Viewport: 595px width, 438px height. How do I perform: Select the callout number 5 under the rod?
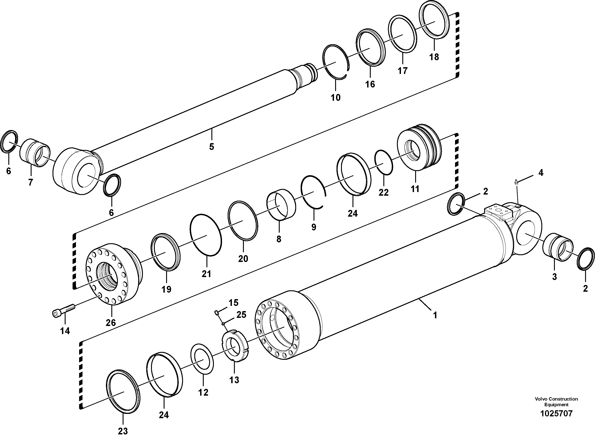pyautogui.click(x=211, y=147)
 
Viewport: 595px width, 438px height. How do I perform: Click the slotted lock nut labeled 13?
pyautogui.click(x=235, y=345)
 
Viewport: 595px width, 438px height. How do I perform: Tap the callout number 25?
pyautogui.click(x=241, y=315)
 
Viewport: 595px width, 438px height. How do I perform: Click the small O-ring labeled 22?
pyautogui.click(x=384, y=163)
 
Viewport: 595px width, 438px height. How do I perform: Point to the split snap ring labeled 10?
pyautogui.click(x=336, y=64)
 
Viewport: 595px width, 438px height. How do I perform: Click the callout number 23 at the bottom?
pyautogui.click(x=123, y=431)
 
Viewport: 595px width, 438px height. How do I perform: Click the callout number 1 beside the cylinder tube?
pyautogui.click(x=435, y=315)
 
